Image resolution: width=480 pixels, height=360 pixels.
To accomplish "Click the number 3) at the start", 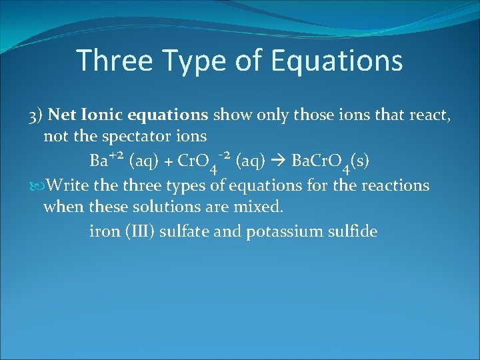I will pyautogui.click(x=37, y=115).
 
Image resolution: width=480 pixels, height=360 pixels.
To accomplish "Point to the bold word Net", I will pyautogui.click(x=62, y=115).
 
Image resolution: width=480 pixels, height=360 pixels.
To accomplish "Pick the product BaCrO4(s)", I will pyautogui.click(x=331, y=162).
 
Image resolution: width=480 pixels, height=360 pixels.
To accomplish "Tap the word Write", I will pyautogui.click(x=66, y=184).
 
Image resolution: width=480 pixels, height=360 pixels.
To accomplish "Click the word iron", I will pyautogui.click(x=104, y=231).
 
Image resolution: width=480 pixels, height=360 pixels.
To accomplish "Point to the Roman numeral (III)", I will pyautogui.click(x=143, y=231).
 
